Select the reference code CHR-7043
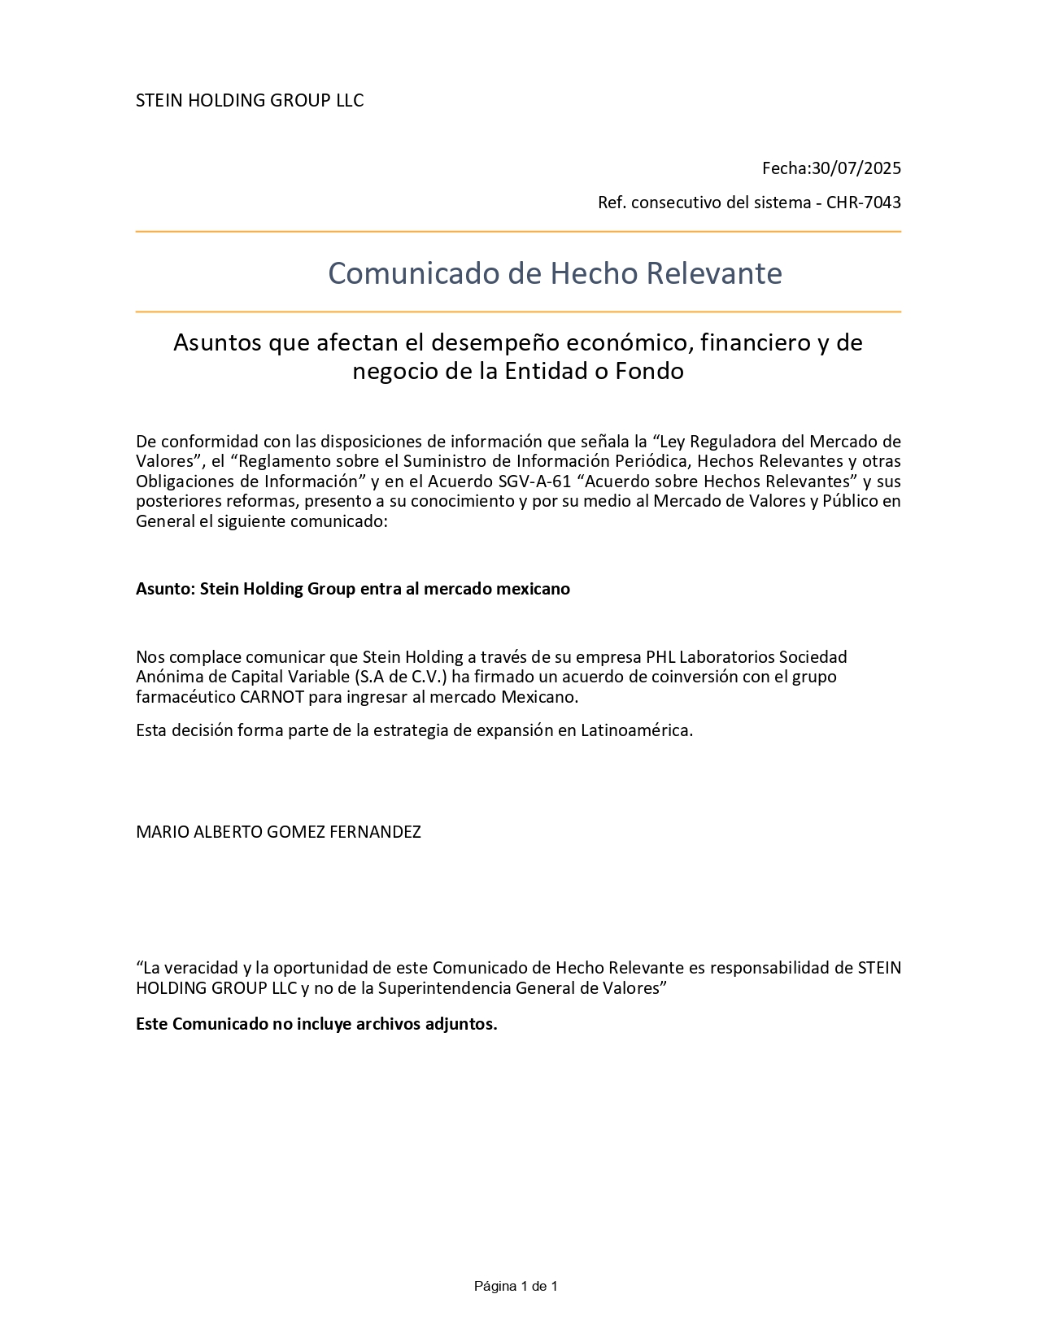coord(863,203)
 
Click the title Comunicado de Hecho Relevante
coord(555,273)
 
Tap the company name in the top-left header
coord(250,100)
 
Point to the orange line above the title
coord(518,232)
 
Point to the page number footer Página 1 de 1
coord(516,1286)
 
